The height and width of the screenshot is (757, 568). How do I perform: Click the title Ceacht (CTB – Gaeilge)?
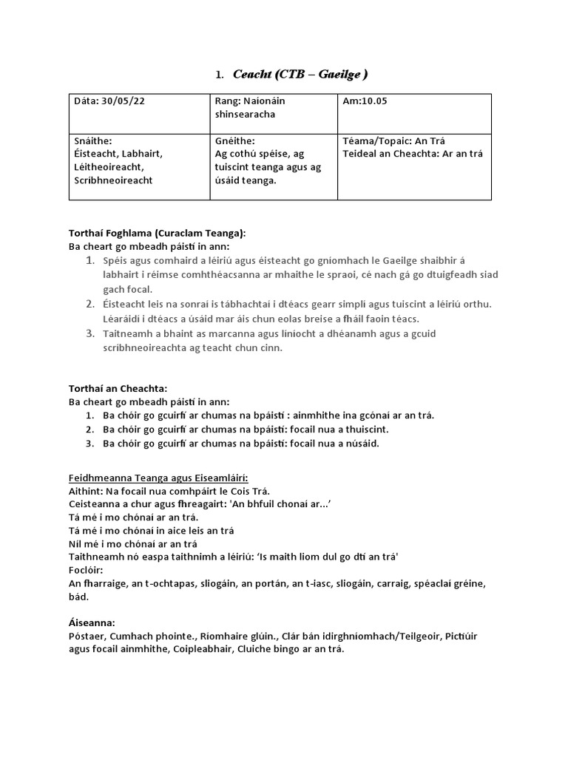(300, 74)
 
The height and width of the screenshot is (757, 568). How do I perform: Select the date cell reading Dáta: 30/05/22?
(109, 101)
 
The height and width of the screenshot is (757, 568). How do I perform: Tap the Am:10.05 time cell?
(365, 101)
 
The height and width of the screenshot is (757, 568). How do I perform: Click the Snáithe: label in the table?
(93, 141)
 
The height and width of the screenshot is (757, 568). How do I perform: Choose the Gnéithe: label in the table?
(234, 141)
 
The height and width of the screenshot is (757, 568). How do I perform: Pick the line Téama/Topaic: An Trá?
(394, 141)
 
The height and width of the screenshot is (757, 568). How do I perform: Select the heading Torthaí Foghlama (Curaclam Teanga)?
(157, 233)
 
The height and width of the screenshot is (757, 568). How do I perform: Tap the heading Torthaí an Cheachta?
(118, 389)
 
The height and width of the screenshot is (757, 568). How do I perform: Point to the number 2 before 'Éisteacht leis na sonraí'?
(89, 304)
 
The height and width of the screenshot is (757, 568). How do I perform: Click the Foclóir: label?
(87, 571)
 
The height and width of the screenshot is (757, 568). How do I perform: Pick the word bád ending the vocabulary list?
(79, 597)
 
